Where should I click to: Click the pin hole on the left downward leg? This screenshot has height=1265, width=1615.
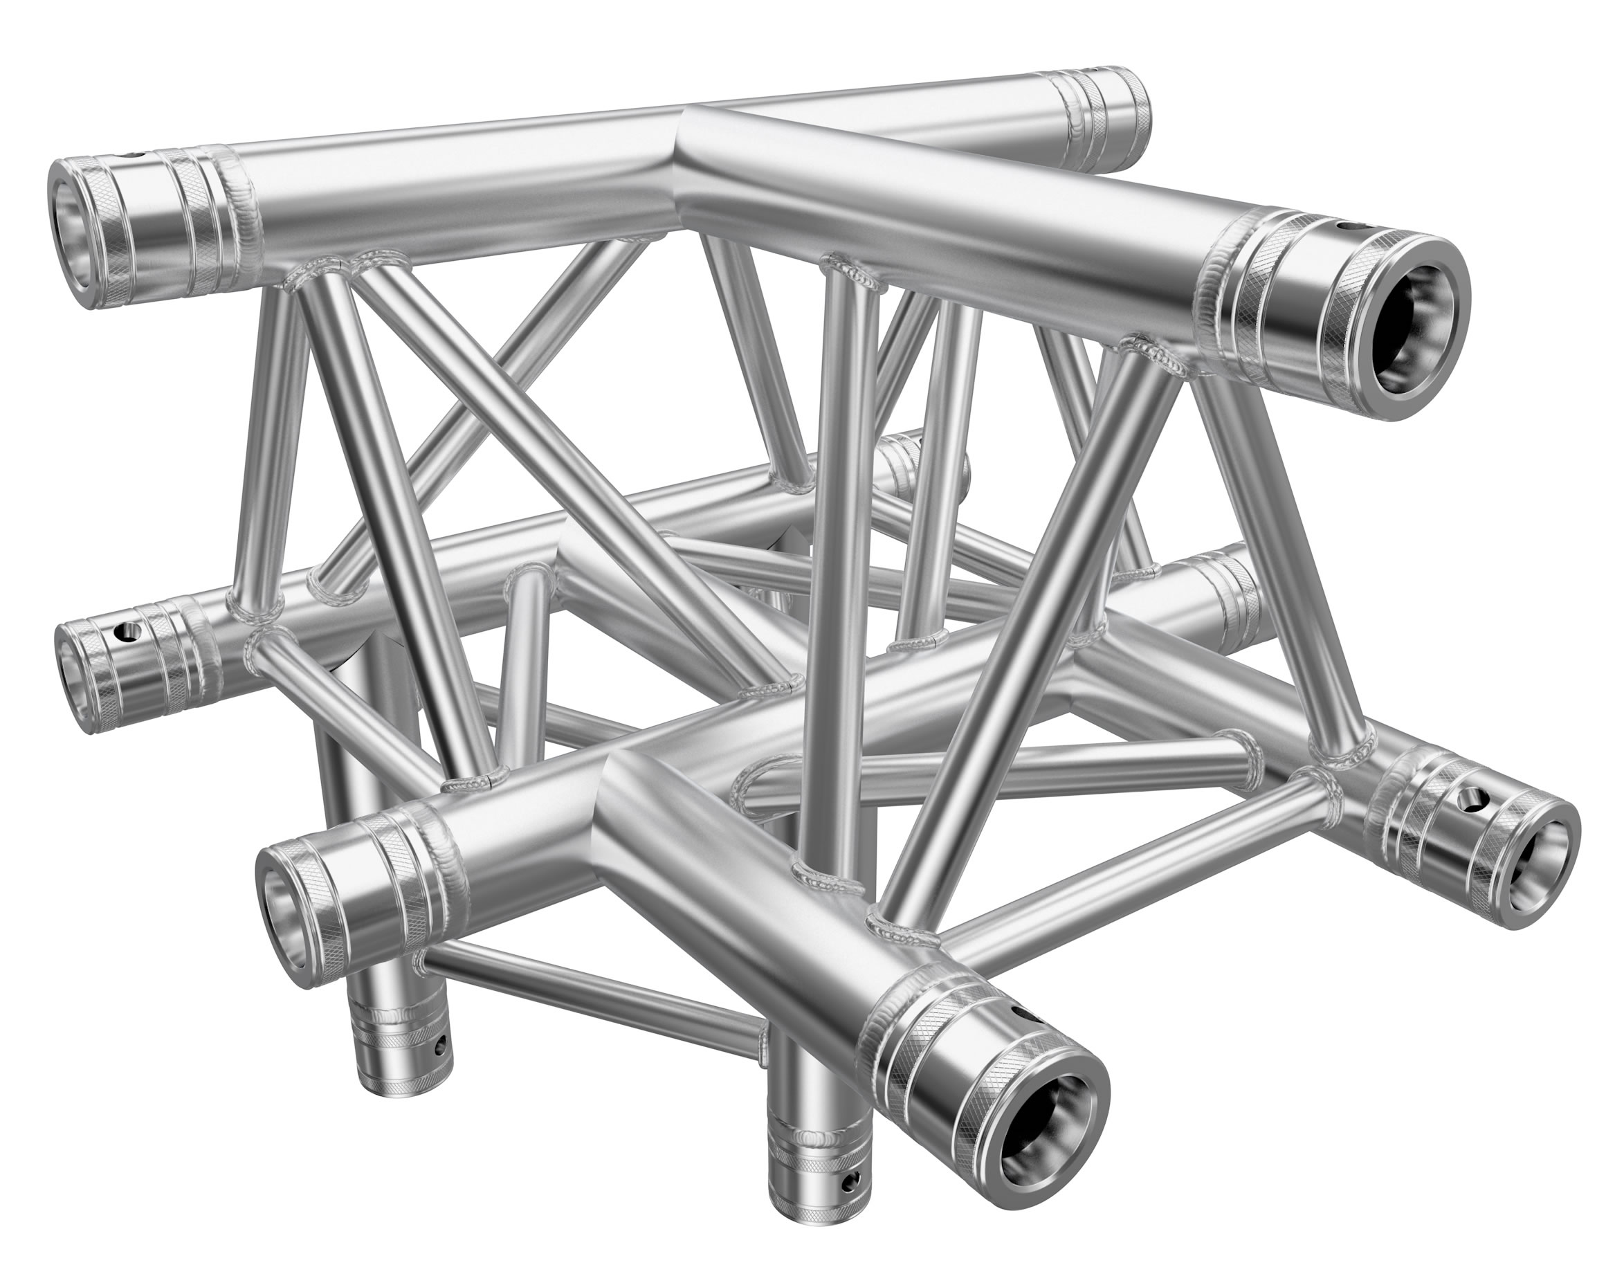click(441, 1046)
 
